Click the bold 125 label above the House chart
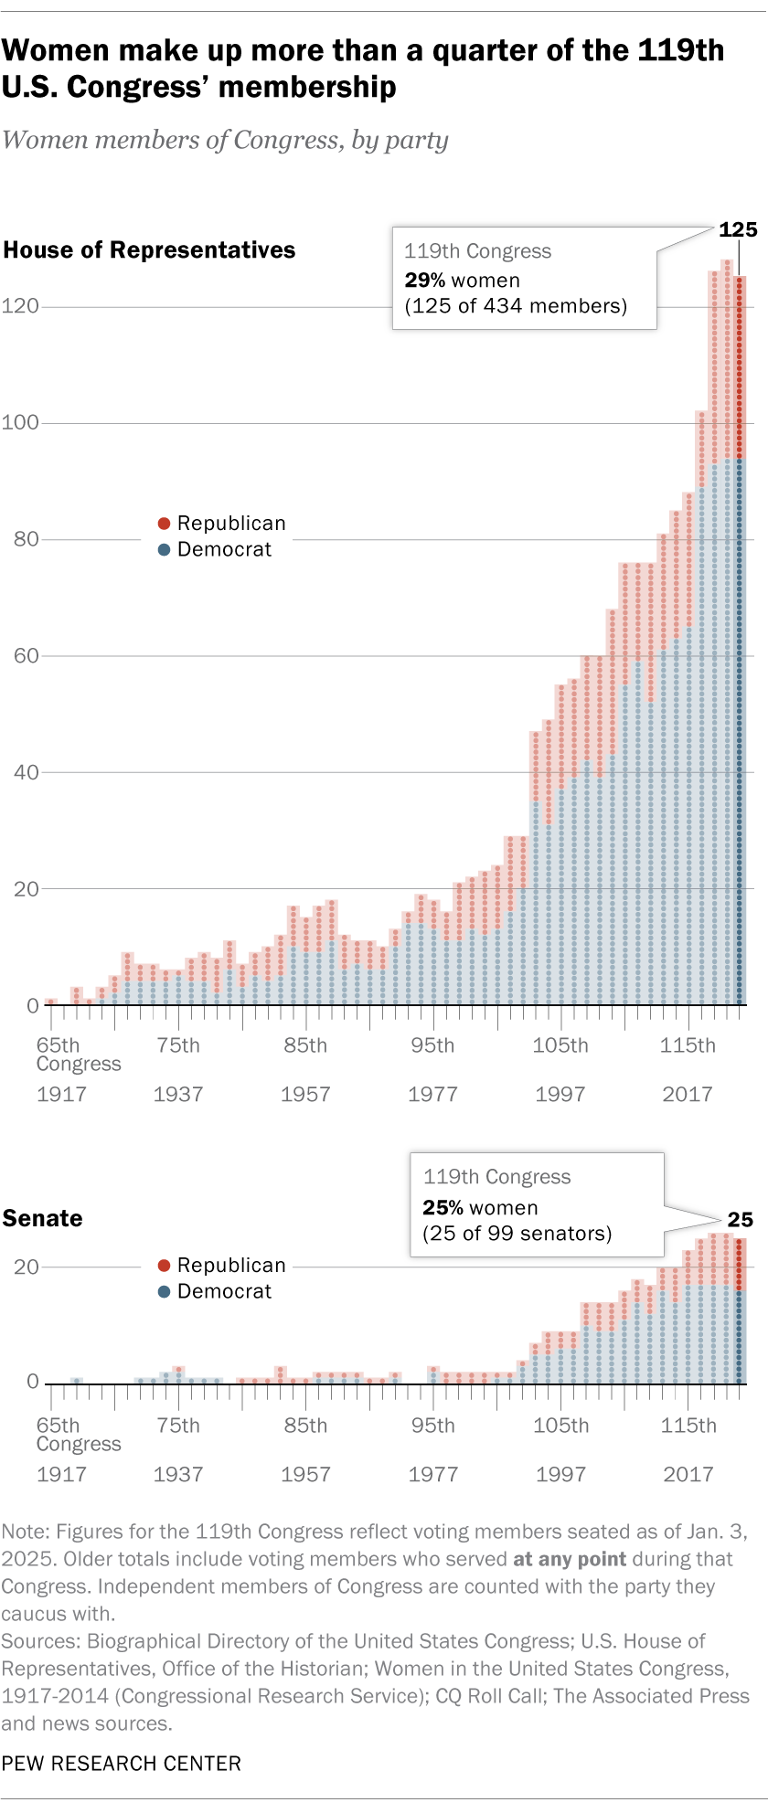click(738, 230)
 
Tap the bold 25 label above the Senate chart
click(740, 1219)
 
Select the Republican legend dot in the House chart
click(164, 524)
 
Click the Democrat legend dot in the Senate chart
click(164, 1291)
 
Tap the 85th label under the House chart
click(304, 1045)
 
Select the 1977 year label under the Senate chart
click(432, 1474)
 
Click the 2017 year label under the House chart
click(688, 1094)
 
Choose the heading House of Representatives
click(149, 250)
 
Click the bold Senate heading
click(42, 1218)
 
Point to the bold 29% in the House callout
click(423, 281)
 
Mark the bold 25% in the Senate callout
click(442, 1208)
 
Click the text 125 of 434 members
click(516, 306)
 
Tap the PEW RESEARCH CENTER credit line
click(122, 1764)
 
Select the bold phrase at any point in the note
click(570, 1559)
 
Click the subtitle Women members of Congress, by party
click(225, 140)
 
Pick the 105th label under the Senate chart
click(560, 1426)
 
